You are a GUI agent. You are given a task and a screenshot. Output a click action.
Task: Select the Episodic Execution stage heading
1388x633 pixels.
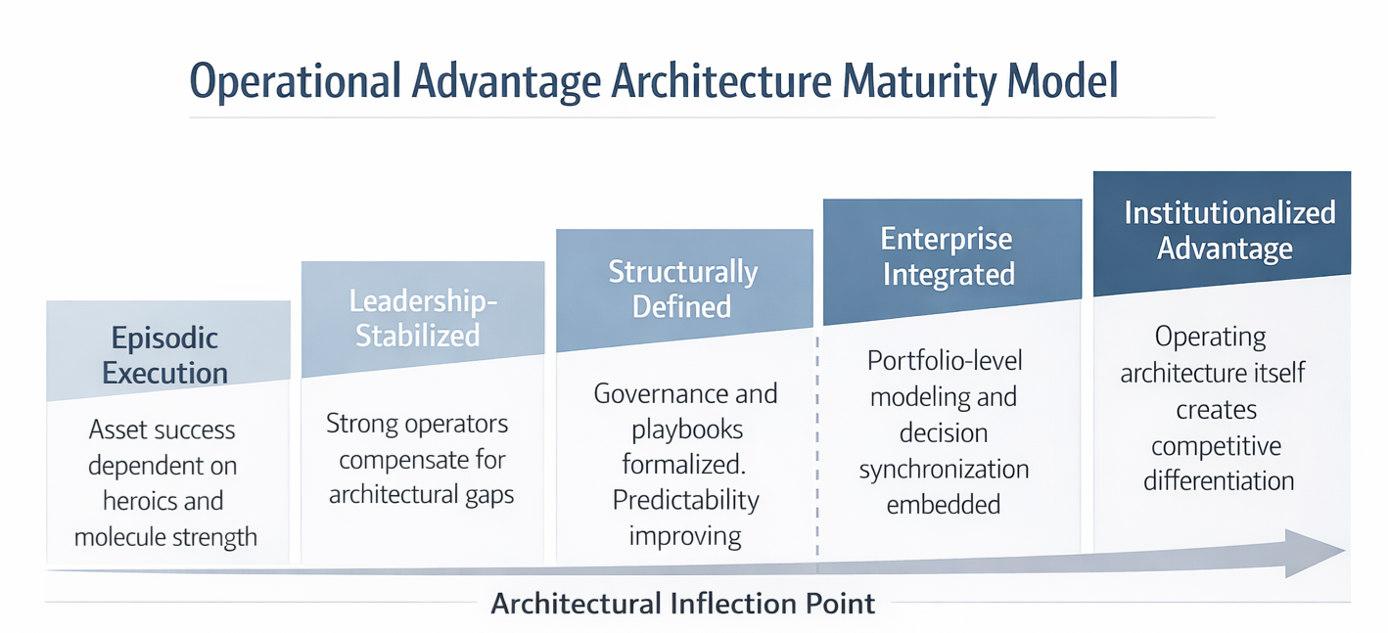[165, 355]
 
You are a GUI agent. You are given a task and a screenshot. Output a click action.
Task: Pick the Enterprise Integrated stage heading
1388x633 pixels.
[948, 256]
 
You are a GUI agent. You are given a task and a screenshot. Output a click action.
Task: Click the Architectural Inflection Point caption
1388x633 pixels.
[682, 603]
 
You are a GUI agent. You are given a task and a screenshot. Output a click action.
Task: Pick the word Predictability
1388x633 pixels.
[685, 500]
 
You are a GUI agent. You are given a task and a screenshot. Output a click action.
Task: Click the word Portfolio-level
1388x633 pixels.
[945, 360]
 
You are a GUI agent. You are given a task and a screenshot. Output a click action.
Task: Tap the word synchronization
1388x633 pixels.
[944, 469]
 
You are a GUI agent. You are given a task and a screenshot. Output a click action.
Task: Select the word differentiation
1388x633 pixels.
[1219, 481]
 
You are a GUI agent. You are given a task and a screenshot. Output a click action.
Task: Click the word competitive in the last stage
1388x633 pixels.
[1216, 446]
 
